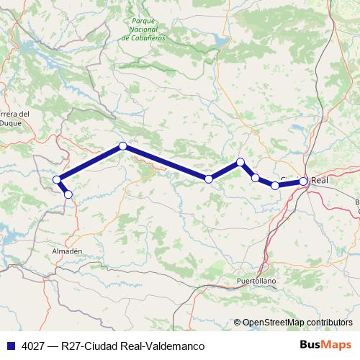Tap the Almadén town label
click(69, 250)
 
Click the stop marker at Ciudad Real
click(304, 181)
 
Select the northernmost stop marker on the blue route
click(123, 146)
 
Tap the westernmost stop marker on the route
click(57, 179)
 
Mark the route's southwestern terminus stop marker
click(68, 194)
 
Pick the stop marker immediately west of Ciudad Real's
click(275, 186)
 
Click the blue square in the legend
click(11, 346)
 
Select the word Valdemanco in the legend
click(168, 346)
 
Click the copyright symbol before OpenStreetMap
click(238, 323)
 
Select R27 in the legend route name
click(72, 346)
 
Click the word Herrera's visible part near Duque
click(14, 114)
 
